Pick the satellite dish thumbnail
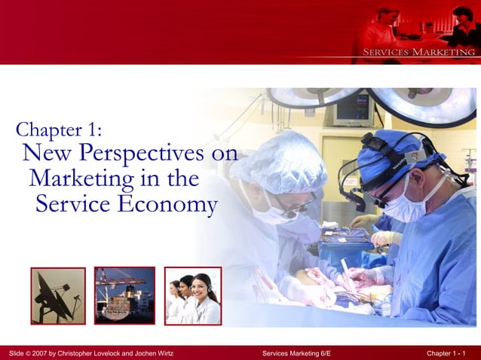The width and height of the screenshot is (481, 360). [x=58, y=295]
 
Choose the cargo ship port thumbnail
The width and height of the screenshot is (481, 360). [x=124, y=295]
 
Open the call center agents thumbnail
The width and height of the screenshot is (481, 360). [x=193, y=295]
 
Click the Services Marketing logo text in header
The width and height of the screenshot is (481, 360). [x=418, y=52]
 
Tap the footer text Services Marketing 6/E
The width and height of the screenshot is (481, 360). [x=296, y=353]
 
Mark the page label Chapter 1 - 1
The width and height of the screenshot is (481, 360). [x=446, y=353]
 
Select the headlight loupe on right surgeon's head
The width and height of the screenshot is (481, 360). [x=376, y=143]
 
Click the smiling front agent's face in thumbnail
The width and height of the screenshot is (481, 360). [x=202, y=288]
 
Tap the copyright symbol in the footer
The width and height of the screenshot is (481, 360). [x=25, y=353]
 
